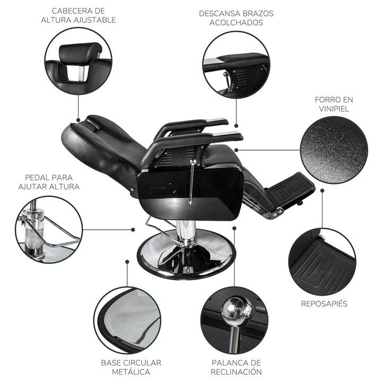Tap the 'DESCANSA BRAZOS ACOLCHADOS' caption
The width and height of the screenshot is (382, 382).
point(236,18)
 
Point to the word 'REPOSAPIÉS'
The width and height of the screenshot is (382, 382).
point(324,304)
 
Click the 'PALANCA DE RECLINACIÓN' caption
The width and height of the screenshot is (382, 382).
point(236,367)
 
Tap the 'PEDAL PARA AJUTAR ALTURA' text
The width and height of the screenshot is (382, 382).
point(49,182)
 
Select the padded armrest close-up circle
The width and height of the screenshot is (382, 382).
point(236,64)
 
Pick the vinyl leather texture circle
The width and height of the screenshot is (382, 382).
point(334,150)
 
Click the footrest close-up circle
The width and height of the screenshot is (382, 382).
point(322,262)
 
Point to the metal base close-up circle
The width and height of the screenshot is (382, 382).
point(127,320)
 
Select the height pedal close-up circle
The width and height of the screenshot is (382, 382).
point(49,229)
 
